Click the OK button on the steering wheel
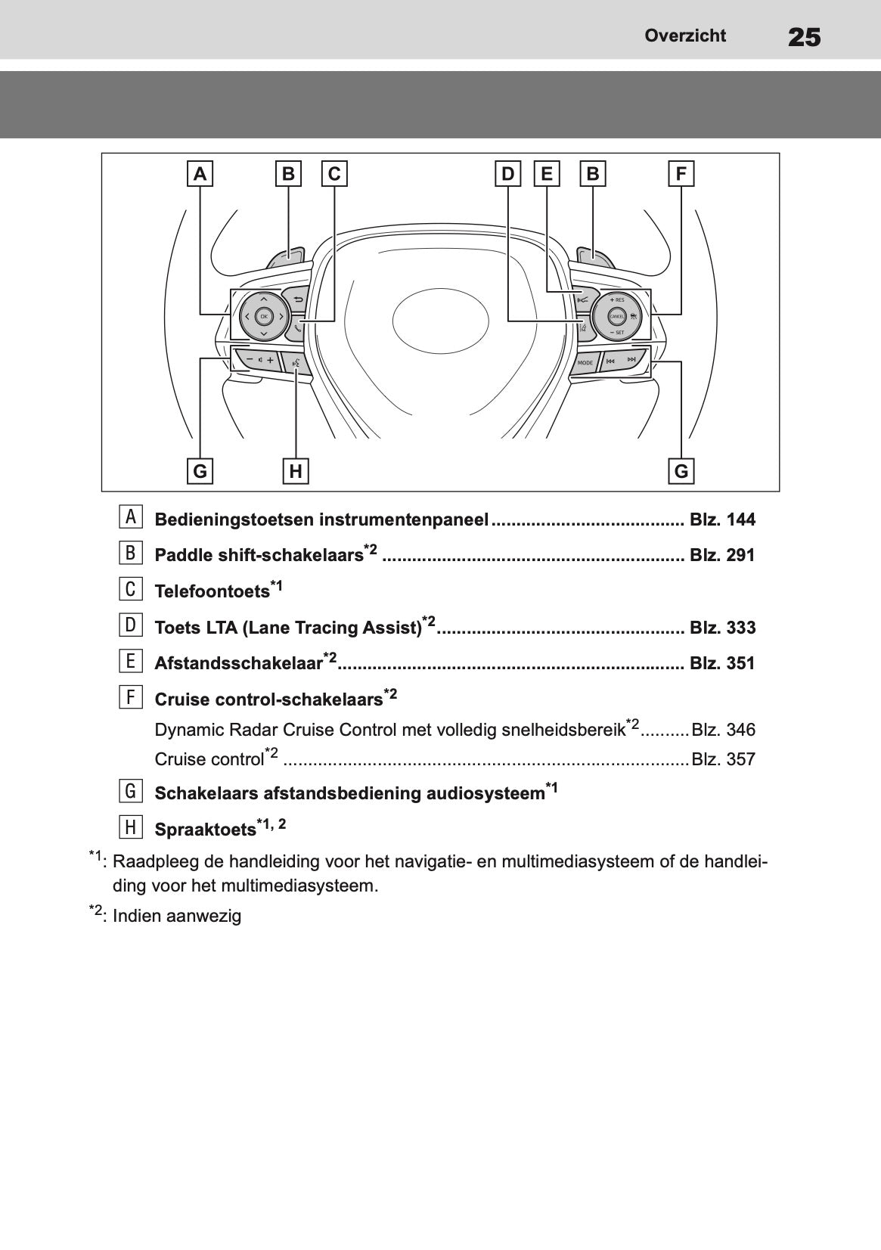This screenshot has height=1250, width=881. point(263,316)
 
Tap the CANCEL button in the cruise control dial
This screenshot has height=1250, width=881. point(616,315)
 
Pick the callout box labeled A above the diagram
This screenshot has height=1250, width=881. point(200,174)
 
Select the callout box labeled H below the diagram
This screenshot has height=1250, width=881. point(296,471)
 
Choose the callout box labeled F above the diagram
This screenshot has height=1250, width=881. point(681,174)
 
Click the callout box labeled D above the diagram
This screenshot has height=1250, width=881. point(507,174)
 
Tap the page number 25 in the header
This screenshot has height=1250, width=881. point(804,37)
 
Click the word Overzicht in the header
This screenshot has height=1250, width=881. point(685,36)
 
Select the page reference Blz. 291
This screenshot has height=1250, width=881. point(722,555)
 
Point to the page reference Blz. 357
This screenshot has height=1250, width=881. point(723,759)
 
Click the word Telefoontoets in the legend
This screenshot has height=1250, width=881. point(212,591)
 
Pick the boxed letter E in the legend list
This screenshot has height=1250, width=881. point(130,661)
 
